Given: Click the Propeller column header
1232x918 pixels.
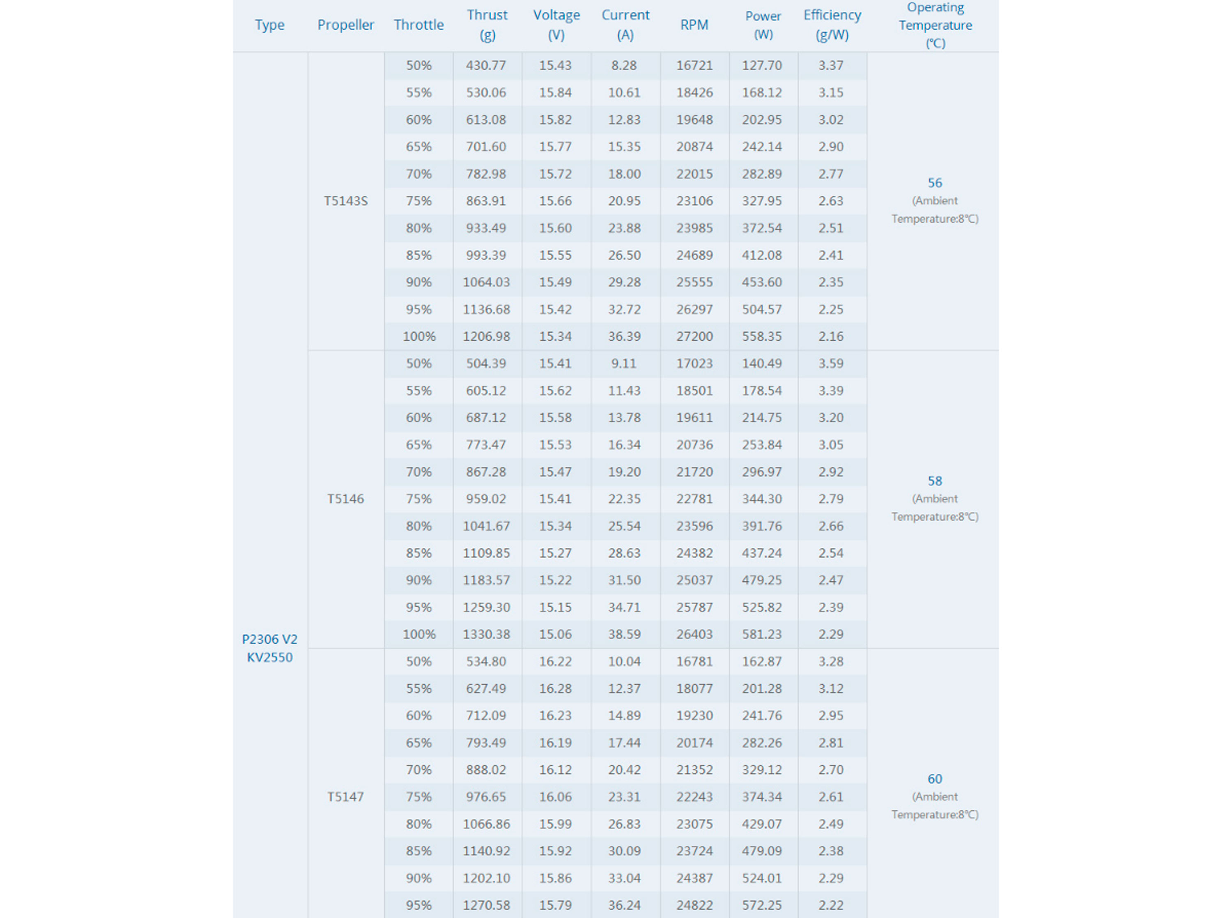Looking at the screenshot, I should coord(345,25).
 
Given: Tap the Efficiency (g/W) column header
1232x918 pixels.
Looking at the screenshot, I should coord(832,25).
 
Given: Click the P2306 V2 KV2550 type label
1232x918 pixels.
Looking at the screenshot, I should coord(269,648).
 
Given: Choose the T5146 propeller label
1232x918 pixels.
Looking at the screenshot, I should coord(345,499).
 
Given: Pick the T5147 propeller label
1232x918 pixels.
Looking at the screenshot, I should coord(345,797).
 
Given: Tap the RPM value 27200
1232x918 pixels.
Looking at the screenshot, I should coord(694,337).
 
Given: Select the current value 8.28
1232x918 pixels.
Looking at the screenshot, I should coord(624,66).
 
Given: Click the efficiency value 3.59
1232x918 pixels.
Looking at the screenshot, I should coord(830,364).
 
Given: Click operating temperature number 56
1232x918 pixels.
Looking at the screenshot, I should coord(935,183).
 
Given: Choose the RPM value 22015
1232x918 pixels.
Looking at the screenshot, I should coord(694,174).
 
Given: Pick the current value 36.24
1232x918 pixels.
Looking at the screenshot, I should coord(624,905).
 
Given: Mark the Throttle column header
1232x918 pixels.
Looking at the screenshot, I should coord(419,25).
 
